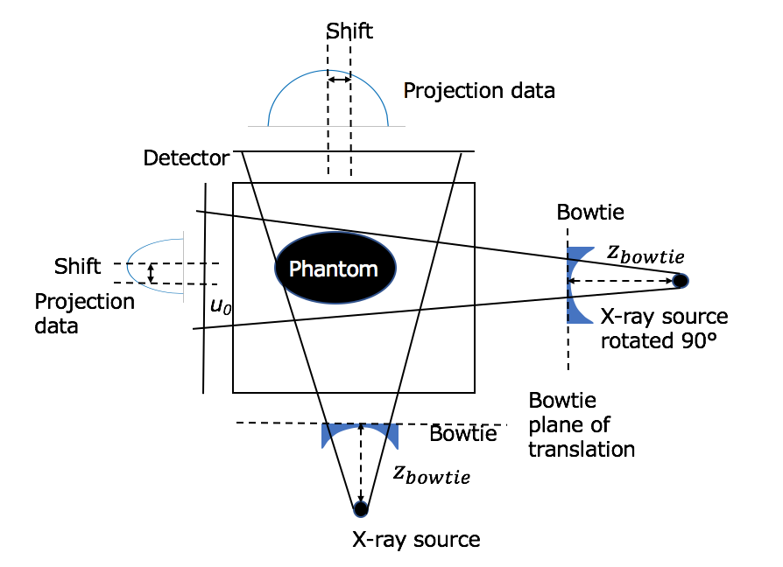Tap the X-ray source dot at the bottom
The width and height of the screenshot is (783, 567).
360,507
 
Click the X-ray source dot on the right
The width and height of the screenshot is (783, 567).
680,281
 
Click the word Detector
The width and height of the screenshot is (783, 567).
187,158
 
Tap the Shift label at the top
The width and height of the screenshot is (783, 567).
349,31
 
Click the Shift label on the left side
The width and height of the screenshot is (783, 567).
78,266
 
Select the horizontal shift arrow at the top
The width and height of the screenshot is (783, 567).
339,80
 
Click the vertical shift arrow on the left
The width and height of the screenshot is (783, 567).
152,273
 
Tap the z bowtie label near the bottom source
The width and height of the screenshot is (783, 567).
431,474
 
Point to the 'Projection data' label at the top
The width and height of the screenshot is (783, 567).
479,90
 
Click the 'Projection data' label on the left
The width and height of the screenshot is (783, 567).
84,313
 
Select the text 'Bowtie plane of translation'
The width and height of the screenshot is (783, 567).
582,424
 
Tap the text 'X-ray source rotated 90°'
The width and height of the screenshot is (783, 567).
664,328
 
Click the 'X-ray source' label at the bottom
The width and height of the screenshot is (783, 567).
416,539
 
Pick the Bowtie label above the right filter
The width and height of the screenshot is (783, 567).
590,213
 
